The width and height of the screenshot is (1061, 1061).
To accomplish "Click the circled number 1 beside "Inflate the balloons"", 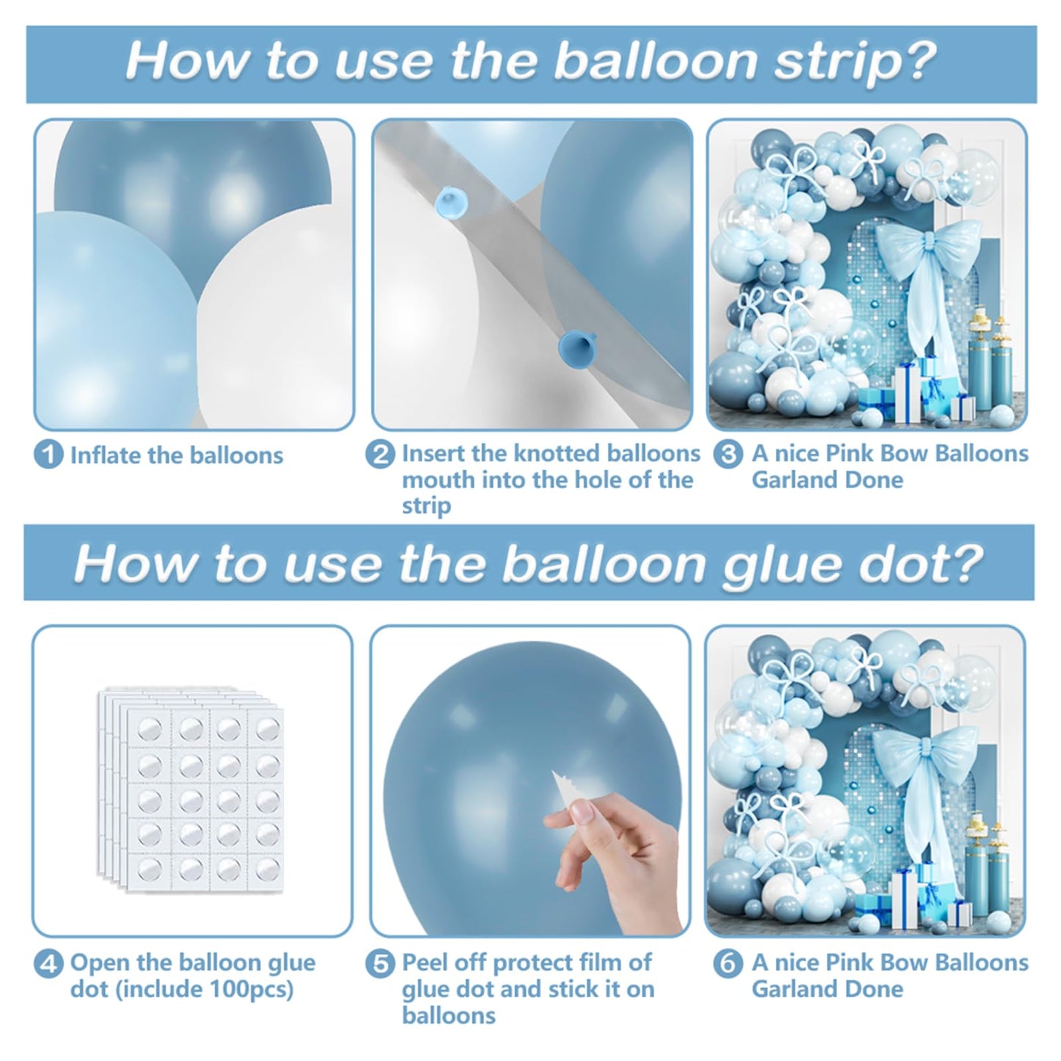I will pyautogui.click(x=49, y=455).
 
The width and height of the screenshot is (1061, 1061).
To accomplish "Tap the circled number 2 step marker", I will pyautogui.click(x=380, y=455).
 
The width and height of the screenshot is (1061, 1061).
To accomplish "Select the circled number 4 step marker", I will pyautogui.click(x=49, y=963).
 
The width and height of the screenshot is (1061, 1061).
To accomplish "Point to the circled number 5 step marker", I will pyautogui.click(x=380, y=963).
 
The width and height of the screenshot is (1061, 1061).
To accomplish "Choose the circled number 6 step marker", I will pyautogui.click(x=728, y=963).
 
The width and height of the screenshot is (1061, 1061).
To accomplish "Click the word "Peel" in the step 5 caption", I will pyautogui.click(x=425, y=963).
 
